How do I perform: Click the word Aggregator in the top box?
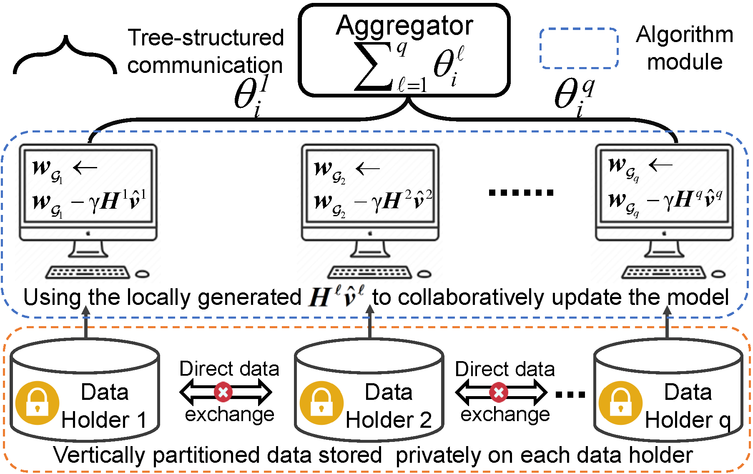coord(404,26)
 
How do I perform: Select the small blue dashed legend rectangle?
coord(579,48)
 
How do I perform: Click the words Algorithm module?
coord(685,48)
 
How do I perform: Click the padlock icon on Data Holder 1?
coord(37,403)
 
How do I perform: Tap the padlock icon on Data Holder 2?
coord(321,403)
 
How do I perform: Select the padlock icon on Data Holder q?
coord(620,403)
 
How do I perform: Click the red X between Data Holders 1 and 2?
coord(223,392)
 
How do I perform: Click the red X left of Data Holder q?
coord(499,392)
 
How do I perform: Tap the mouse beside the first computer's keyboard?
coord(143,274)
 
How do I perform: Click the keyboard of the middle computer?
coord(369,273)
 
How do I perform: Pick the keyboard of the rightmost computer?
coord(663,273)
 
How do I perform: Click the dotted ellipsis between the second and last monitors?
coord(521,192)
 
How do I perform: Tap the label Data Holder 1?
coord(104,406)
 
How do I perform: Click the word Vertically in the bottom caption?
coord(99,455)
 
